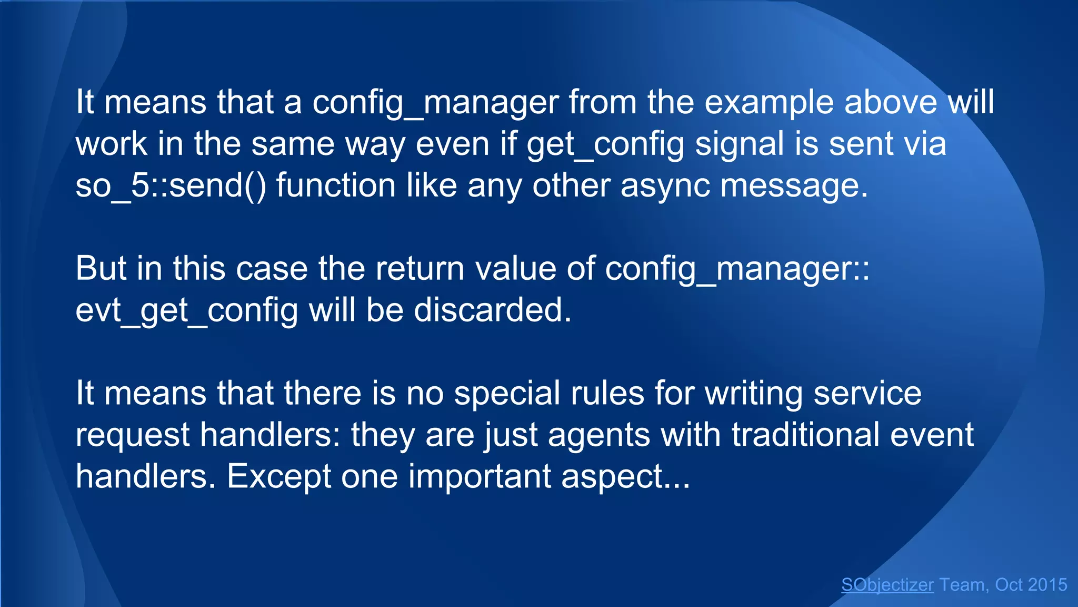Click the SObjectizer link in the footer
pyautogui.click(x=887, y=585)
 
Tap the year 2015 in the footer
pyautogui.click(x=1047, y=585)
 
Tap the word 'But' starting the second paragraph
pyautogui.click(x=101, y=269)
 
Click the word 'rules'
pyautogui.click(x=607, y=394)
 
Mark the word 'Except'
pyautogui.click(x=278, y=477)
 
